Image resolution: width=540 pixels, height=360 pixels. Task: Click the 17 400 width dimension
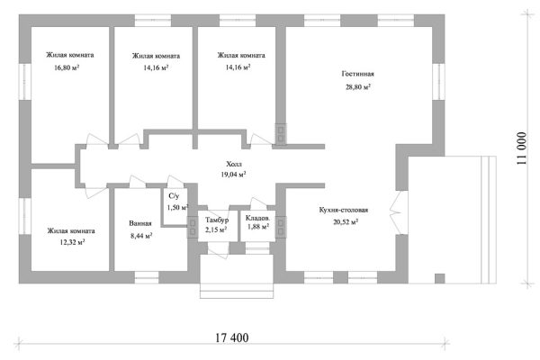(x=232, y=337)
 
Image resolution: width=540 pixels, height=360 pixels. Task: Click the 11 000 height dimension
(x=522, y=148)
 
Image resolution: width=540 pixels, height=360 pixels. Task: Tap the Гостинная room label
(x=358, y=74)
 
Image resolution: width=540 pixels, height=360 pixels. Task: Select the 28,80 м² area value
(x=358, y=86)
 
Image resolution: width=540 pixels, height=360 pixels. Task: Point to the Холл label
(x=234, y=164)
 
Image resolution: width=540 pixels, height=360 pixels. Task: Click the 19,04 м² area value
(x=233, y=175)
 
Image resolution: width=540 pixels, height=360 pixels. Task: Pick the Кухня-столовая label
(x=344, y=210)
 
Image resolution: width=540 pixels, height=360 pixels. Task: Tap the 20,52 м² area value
(x=346, y=222)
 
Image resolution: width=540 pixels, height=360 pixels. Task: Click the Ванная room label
(x=140, y=223)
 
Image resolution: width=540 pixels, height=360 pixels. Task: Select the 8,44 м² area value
(x=141, y=236)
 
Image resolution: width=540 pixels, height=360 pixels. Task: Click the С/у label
(x=174, y=196)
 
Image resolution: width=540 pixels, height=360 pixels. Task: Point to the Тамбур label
(x=217, y=220)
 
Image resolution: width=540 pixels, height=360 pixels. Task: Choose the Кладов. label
(x=257, y=218)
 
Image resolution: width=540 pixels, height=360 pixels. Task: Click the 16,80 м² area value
(x=67, y=67)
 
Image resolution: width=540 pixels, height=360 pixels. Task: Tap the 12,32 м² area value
(x=72, y=242)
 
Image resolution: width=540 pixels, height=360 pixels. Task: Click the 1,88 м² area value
(x=258, y=227)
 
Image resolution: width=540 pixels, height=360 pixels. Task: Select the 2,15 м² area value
(x=216, y=229)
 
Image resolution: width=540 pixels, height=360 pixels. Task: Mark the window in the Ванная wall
(x=147, y=277)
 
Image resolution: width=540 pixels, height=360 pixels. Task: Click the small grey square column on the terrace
(x=439, y=278)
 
